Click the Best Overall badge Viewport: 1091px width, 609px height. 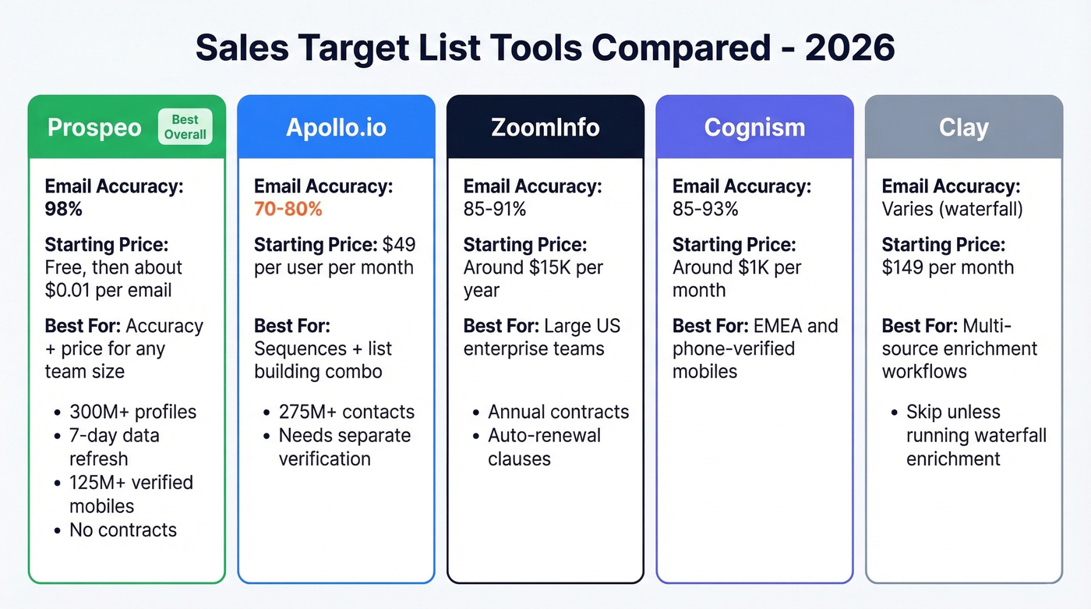click(x=185, y=127)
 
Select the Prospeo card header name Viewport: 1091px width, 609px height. click(x=94, y=128)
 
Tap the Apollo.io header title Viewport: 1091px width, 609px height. click(x=336, y=128)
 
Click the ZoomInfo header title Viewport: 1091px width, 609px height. click(x=545, y=128)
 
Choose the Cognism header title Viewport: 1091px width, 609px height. click(x=754, y=128)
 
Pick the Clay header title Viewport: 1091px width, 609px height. click(x=963, y=128)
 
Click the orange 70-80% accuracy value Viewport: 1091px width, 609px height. click(x=288, y=209)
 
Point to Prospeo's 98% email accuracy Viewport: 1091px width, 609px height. click(x=63, y=209)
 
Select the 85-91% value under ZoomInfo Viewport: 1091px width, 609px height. click(x=494, y=209)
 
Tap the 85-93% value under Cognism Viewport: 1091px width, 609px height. click(x=704, y=209)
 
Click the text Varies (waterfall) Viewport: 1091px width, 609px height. click(x=952, y=209)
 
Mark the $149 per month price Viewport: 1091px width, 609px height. click(x=948, y=267)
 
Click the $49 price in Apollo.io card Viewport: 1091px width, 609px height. click(x=399, y=244)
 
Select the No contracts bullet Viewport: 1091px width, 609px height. click(x=123, y=530)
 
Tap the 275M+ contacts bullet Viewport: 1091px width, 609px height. click(x=347, y=412)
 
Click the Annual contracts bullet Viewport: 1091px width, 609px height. click(x=558, y=412)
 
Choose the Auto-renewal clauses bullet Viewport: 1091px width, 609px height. click(x=544, y=447)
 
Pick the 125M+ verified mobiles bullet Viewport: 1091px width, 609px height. click(x=131, y=494)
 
